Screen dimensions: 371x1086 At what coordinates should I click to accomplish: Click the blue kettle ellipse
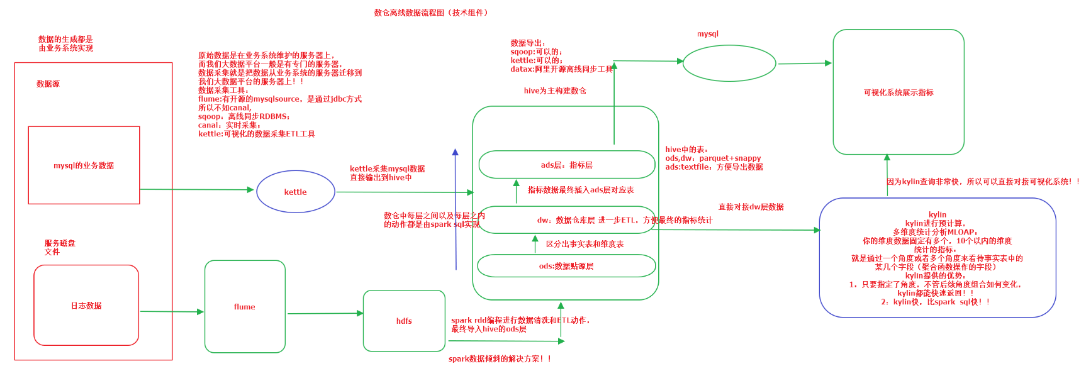point(295,192)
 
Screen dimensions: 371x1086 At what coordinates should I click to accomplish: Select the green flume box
point(245,307)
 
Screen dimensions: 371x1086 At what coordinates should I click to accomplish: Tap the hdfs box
point(404,321)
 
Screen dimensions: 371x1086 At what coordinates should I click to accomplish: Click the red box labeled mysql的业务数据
point(84,165)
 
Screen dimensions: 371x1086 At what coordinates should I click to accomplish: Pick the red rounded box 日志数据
point(86,306)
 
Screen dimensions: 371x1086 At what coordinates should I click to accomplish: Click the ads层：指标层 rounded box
point(566,165)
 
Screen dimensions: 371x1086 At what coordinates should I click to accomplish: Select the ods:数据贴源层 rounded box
point(566,266)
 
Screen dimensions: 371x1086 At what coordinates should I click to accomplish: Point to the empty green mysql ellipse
point(729,64)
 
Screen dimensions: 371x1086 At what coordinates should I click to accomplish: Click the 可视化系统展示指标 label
point(898,92)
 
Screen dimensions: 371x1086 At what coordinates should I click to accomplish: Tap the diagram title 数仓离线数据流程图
point(431,13)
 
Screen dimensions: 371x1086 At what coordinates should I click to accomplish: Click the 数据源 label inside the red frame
point(48,84)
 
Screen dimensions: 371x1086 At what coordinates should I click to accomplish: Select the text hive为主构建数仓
point(555,91)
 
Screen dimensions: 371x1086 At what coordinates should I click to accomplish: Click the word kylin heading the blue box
point(938,214)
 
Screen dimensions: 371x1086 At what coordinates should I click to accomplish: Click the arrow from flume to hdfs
point(325,313)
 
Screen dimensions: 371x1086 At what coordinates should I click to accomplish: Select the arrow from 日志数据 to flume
point(171,311)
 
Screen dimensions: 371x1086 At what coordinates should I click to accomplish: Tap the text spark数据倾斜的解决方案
point(500,359)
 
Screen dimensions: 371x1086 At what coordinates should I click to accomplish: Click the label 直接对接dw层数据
point(751,207)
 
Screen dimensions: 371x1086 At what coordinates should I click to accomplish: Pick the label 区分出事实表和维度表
point(585,244)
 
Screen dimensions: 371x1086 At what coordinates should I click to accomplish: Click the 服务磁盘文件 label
point(59,247)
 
